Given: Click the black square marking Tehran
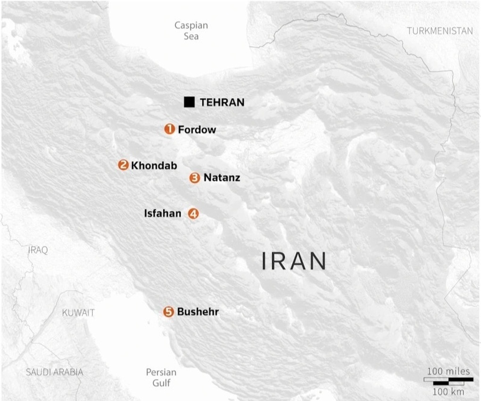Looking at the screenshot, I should click(x=190, y=102).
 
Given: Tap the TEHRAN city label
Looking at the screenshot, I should click(x=222, y=102).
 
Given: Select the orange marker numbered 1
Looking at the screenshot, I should click(x=169, y=129).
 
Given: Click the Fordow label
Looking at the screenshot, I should click(x=197, y=129).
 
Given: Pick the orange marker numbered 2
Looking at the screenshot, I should click(x=123, y=165).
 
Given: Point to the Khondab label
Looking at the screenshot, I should click(x=154, y=166).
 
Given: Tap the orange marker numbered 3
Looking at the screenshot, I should click(x=195, y=178).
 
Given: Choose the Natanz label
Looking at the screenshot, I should click(x=222, y=178).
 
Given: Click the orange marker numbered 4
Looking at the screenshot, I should click(x=193, y=213).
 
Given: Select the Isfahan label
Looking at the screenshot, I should click(x=163, y=214).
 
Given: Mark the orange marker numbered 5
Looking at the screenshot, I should click(x=168, y=312).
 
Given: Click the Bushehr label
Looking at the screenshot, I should click(x=198, y=312).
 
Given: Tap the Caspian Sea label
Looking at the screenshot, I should click(x=191, y=31).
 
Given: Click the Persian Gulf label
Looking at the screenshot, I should click(x=161, y=377).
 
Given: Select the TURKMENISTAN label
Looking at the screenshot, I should click(x=440, y=31).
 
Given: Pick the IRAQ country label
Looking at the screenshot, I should click(x=38, y=250).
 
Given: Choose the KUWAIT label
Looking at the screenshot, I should click(x=78, y=313).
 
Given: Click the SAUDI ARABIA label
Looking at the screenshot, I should click(x=54, y=372).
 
